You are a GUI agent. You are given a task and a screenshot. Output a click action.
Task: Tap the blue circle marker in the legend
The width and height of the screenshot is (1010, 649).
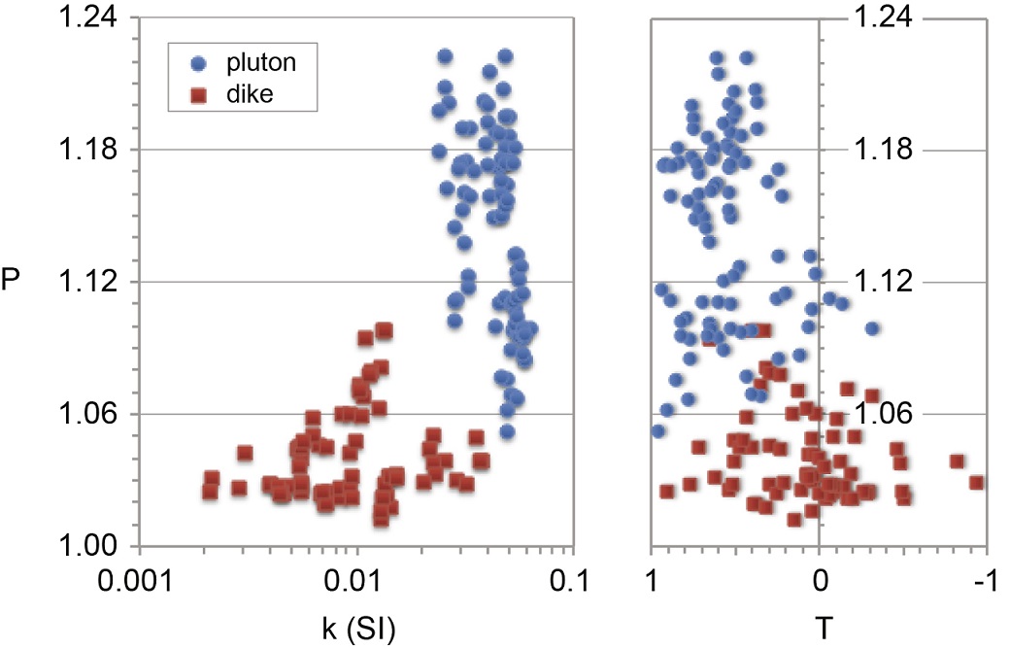coord(199,64)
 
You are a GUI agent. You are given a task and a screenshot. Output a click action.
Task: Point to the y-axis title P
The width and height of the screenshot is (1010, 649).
coord(11,282)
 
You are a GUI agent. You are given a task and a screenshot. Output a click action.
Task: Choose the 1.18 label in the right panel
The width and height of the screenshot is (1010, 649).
coord(883,150)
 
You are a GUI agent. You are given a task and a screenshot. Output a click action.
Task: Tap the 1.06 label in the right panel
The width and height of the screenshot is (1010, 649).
coord(883,414)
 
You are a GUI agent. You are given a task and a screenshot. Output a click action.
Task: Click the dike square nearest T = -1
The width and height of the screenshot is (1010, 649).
coord(976,483)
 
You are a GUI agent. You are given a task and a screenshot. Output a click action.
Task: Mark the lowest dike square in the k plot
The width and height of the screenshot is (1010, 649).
coord(381,519)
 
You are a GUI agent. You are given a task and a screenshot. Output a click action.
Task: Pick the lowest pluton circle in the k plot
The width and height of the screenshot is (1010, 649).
coord(507,431)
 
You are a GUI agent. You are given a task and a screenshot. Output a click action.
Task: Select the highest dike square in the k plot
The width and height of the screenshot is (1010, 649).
coord(384,330)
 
